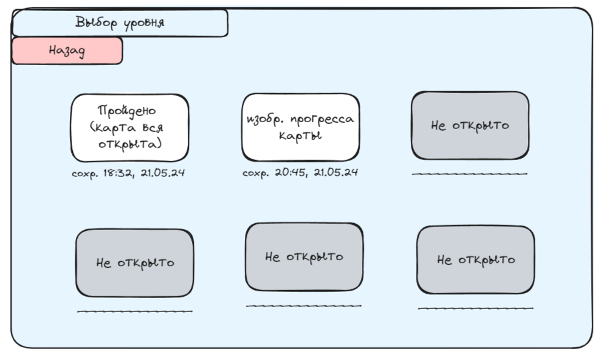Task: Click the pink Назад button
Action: pos(67,51)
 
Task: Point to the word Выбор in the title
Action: pos(95,23)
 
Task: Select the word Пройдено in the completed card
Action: pos(127,111)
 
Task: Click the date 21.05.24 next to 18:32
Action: pos(162,173)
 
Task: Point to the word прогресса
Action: pos(323,119)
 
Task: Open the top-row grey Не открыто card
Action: pos(470,126)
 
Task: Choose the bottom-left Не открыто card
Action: pos(135,263)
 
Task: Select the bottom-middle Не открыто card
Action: pos(304,257)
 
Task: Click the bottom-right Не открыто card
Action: pos(476,260)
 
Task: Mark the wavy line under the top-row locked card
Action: pos(470,174)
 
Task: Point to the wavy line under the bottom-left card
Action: pos(135,311)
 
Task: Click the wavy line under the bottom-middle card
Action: pos(303,306)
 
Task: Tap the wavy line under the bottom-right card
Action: pos(476,308)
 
